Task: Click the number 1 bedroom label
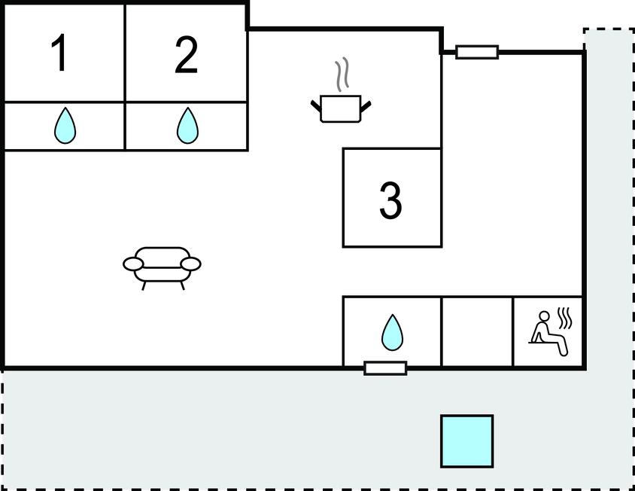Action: coord(60,53)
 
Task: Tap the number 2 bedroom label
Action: coord(187,55)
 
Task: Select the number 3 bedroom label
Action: coord(390,200)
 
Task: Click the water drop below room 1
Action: coord(65,125)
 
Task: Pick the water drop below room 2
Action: coord(187,125)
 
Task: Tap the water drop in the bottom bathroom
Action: coord(393,332)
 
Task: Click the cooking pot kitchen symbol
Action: coord(341,108)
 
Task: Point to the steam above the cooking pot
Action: coord(342,75)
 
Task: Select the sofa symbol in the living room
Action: coord(162,268)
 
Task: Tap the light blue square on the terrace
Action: coord(467,441)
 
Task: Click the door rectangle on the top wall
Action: coord(477,52)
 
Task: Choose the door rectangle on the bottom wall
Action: coord(385,368)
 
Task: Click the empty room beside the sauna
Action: coord(477,331)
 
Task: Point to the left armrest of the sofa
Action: coord(133,264)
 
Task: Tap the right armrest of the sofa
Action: coord(190,264)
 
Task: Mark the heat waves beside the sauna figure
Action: coord(565,319)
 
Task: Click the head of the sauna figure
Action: coord(544,316)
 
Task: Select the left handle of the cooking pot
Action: coord(316,105)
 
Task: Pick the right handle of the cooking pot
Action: coord(366,106)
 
